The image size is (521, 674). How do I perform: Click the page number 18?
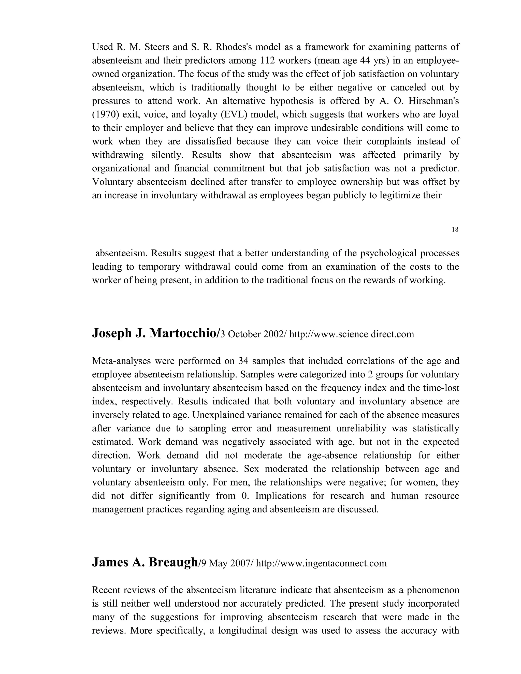tap(455, 230)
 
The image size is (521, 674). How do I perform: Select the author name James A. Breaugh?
tap(145, 563)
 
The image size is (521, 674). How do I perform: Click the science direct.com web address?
tap(352, 334)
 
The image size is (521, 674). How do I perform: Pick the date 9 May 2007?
tap(226, 564)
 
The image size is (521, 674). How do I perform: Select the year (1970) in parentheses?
tap(104, 114)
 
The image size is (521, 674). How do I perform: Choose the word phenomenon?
tap(433, 590)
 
